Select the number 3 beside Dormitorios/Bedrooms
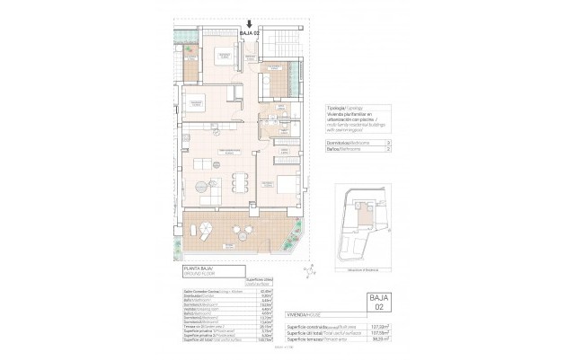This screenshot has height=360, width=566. coord(385,143)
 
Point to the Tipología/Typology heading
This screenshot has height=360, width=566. coord(343,106)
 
